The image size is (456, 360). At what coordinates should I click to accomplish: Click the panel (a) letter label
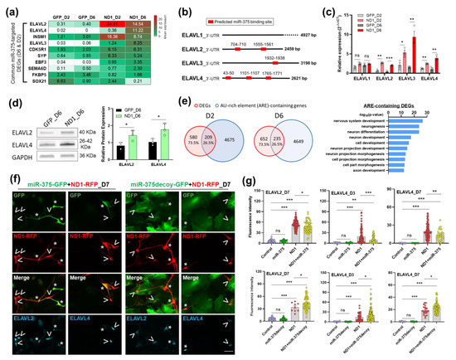pyautogui.click(x=7, y=7)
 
